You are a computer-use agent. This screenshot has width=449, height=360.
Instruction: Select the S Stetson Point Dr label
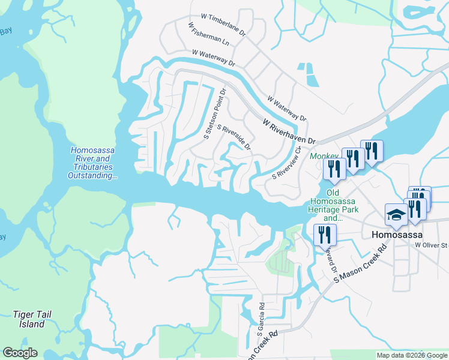[x=215, y=114]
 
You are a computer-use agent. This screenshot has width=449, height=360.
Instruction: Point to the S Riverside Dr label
[x=234, y=137]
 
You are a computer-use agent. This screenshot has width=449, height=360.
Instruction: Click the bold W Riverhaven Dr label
[x=288, y=131]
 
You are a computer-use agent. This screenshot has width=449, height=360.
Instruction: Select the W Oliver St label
[x=431, y=245]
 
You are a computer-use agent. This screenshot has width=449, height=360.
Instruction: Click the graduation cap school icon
[x=396, y=215]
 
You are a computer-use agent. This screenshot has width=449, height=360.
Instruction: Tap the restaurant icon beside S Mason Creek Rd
[x=325, y=233]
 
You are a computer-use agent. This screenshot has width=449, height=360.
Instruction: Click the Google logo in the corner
[x=20, y=353]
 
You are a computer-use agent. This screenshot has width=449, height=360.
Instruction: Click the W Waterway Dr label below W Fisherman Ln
[x=214, y=58]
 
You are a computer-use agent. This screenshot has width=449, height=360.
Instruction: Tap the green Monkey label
[x=324, y=156]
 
